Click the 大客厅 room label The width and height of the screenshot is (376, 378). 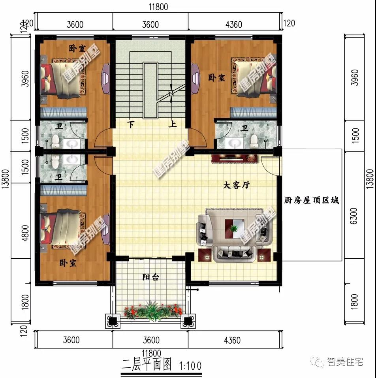(x=236, y=185)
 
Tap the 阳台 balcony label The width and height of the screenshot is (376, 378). (x=151, y=277)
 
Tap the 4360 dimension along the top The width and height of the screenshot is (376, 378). (x=233, y=24)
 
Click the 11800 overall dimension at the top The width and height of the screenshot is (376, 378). (x=156, y=7)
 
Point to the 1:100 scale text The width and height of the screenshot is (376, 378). (x=190, y=365)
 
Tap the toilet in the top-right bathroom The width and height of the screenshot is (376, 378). (x=254, y=139)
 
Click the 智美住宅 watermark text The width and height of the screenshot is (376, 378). (x=345, y=361)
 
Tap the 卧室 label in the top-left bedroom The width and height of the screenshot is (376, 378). (x=77, y=49)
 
